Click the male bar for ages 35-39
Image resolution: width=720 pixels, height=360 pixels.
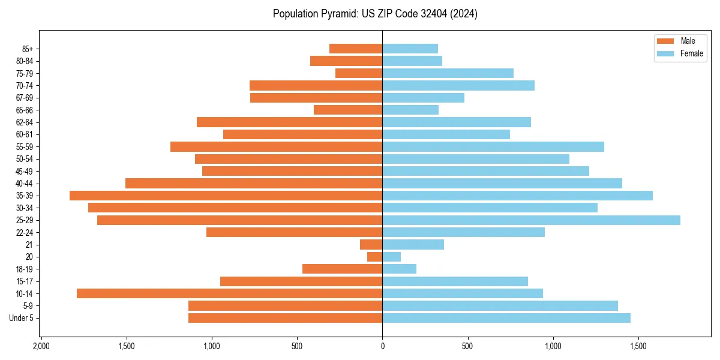(226, 196)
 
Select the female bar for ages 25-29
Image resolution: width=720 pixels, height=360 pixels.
(531, 220)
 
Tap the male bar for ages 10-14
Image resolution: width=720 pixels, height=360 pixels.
(229, 293)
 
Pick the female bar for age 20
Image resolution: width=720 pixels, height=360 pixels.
(391, 257)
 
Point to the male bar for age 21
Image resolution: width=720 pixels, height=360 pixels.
(371, 245)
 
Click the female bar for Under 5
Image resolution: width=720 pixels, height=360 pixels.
(506, 318)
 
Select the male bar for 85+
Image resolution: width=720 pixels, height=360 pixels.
(355, 49)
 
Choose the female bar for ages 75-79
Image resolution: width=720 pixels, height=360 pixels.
(448, 73)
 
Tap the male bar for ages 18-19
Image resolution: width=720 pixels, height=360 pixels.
(342, 269)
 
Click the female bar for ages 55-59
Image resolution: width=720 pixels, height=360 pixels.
(493, 147)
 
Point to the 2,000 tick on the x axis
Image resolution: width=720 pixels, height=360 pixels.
(41, 346)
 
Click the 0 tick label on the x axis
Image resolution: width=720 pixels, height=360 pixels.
(382, 346)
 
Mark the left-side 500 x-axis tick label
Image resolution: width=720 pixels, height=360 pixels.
(297, 346)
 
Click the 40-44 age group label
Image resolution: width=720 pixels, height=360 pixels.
(25, 184)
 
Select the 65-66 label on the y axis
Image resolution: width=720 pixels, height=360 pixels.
(25, 110)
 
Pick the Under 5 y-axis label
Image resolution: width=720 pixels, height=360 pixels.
(22, 318)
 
